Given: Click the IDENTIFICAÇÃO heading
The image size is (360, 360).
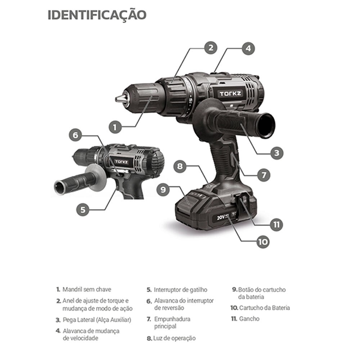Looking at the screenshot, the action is coord(97,15).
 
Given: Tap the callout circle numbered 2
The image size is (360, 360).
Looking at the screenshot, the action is coord(211,48).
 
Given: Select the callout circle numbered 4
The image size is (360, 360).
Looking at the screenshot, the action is coord(248,49).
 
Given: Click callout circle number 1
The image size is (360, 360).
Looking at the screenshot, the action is coord(115,127).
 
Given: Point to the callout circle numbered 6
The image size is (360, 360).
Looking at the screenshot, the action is coord(76,135).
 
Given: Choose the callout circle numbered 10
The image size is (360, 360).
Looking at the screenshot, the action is coord(263,242).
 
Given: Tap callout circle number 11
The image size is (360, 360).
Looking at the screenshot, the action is coord(276,224).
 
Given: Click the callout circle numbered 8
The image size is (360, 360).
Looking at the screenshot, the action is coord(180,166).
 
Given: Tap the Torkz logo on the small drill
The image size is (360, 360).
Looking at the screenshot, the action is coord(122,162).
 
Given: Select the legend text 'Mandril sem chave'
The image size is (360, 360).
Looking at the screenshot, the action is coord(87,289).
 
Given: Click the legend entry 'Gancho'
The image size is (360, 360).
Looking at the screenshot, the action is coord(249,319).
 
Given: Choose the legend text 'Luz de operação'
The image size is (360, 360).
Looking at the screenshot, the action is coord(175,338).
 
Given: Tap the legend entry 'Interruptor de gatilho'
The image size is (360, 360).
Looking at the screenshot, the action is coord(180,290).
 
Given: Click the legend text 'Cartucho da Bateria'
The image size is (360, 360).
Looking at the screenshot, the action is coord(265,308).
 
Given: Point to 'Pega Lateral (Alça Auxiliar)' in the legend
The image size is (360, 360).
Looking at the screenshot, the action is coord(97,320).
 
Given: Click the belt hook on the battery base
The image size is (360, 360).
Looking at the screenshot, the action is coord(241,201).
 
